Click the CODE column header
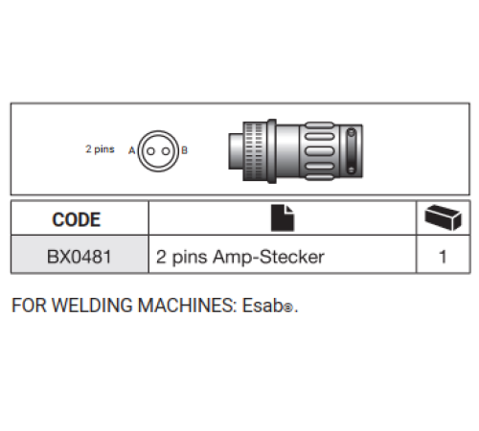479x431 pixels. coord(77,219)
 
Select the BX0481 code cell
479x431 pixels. coord(80,257)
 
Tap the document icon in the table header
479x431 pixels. coord(283,218)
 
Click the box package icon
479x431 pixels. coord(443,217)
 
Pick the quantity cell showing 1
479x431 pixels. coord(443,257)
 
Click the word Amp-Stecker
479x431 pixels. coord(268,257)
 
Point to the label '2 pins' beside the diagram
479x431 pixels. coord(100,149)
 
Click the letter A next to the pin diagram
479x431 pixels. coord(131,150)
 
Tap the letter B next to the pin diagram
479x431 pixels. coord(184,150)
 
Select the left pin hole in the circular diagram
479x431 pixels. coord(150,151)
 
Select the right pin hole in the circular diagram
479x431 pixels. coord(166,151)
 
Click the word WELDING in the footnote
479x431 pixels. coord(92,306)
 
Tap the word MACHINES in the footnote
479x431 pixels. coord(187,306)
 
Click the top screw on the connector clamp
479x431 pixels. coord(352,132)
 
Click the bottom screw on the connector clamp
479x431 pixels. coord(351,170)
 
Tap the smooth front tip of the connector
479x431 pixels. coord(236,151)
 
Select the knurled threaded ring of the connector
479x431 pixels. coord(254,151)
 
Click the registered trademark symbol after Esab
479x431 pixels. coord(288,308)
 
